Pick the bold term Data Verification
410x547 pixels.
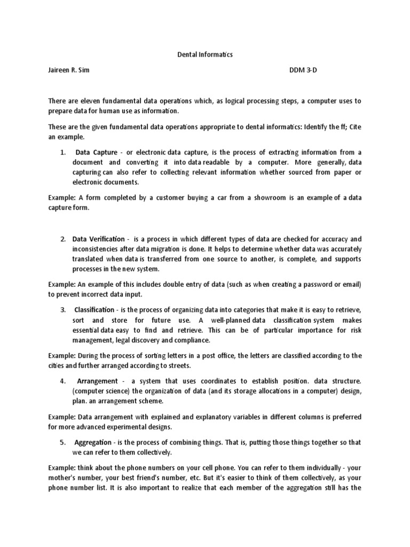pyautogui.click(x=99, y=239)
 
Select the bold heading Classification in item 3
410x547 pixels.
pyautogui.click(x=94, y=309)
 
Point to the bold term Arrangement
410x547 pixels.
pyautogui.click(x=97, y=381)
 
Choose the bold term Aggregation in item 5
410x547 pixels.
pyautogui.click(x=93, y=442)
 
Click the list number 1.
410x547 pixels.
pyautogui.click(x=63, y=152)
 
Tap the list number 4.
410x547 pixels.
pyautogui.click(x=63, y=381)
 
